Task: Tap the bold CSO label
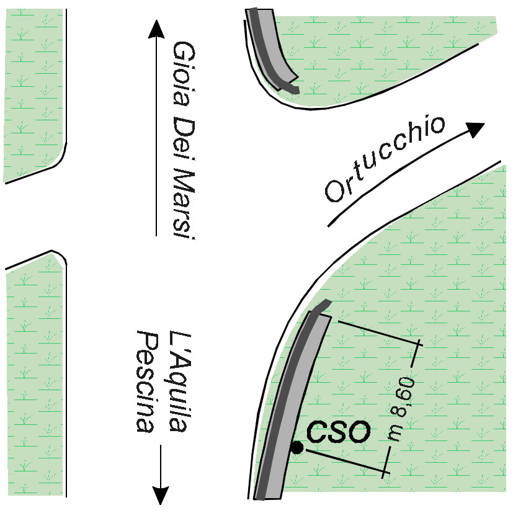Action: pyautogui.click(x=339, y=432)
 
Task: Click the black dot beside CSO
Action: pyautogui.click(x=298, y=447)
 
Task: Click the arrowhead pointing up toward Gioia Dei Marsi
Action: pyautogui.click(x=156, y=29)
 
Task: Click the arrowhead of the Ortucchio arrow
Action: pyautogui.click(x=474, y=129)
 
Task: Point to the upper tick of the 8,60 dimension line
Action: pyautogui.click(x=420, y=342)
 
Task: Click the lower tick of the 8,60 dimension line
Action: pyautogui.click(x=386, y=471)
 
